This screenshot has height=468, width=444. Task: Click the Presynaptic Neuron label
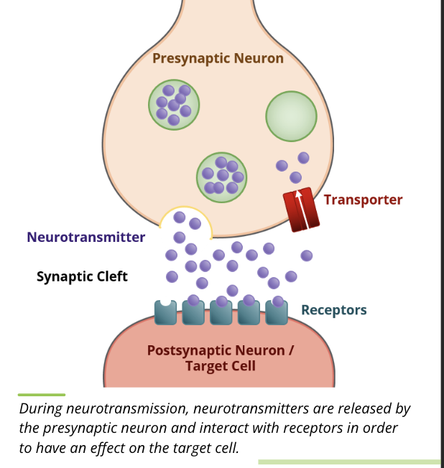(x=218, y=58)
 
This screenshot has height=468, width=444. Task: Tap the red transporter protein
(x=300, y=209)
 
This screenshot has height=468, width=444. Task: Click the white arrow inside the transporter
(x=299, y=205)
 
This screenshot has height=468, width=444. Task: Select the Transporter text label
(x=363, y=200)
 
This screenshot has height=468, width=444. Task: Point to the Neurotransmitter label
(x=85, y=237)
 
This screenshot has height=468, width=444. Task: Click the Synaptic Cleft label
(x=82, y=276)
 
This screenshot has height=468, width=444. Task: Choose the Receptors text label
(x=333, y=310)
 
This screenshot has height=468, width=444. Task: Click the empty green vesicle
(x=291, y=116)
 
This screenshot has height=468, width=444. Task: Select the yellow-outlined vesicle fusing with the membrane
(x=185, y=222)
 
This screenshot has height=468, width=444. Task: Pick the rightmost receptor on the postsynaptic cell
(x=277, y=312)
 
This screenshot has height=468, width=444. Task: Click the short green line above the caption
(x=42, y=394)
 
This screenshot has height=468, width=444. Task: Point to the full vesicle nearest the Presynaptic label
(x=174, y=104)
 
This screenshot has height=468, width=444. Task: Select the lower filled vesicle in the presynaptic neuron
(x=221, y=177)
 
